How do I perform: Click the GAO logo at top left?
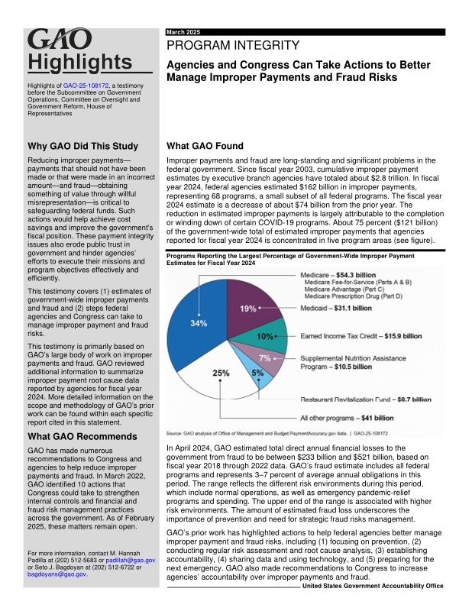pyautogui.click(x=60, y=40)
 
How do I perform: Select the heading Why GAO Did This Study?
pyautogui.click(x=82, y=146)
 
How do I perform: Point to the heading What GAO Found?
pyautogui.click(x=205, y=146)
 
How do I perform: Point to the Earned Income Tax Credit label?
pyautogui.click(x=361, y=336)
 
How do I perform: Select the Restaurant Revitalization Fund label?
pyautogui.click(x=367, y=399)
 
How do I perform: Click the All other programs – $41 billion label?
pyautogui.click(x=347, y=418)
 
